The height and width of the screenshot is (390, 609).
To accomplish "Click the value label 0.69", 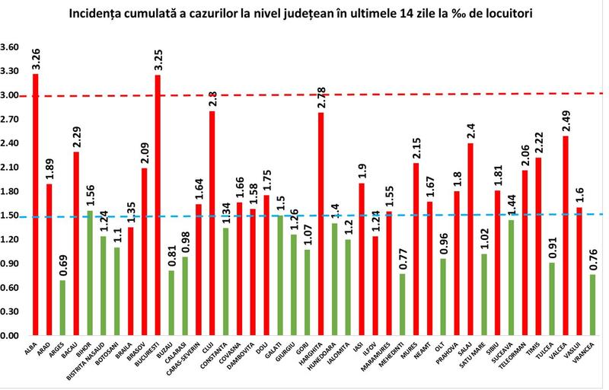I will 62,266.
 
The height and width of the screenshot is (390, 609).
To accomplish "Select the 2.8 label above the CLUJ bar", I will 213,97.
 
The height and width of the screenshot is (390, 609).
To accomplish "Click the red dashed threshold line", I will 457,94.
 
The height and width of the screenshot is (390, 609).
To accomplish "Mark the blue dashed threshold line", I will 457,215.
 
